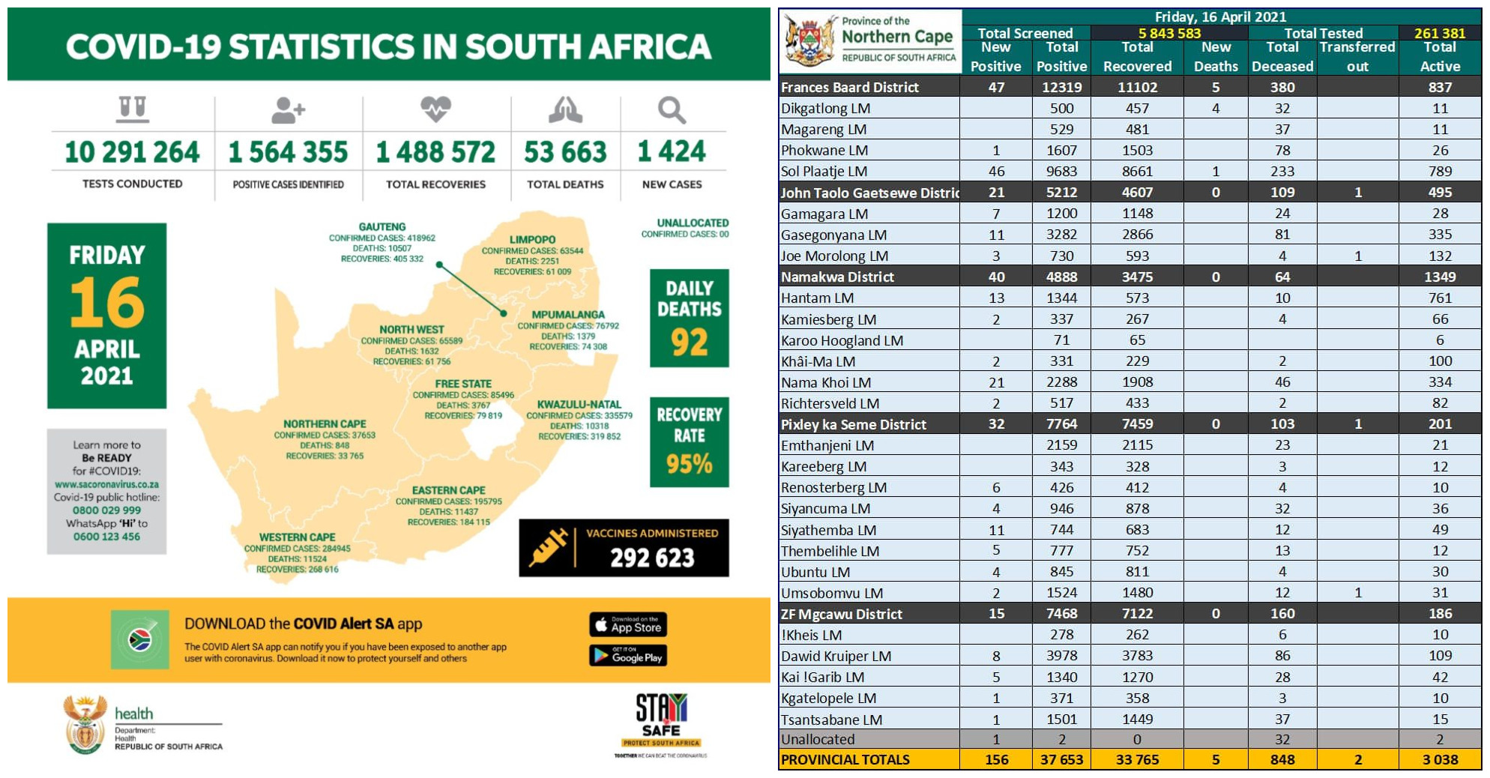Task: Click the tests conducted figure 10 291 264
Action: (132, 152)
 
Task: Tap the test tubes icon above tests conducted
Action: (132, 109)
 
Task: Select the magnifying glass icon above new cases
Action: (672, 110)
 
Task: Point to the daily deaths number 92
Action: (689, 343)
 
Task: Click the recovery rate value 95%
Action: (689, 464)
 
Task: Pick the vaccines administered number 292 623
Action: (652, 558)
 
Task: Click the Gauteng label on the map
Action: (382, 226)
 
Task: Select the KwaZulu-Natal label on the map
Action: (579, 404)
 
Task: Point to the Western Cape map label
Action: (297, 537)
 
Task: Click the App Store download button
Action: (628, 624)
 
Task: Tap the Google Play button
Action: (628, 656)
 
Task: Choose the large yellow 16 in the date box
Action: (107, 303)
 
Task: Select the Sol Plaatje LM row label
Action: (824, 172)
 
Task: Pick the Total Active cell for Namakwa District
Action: (1439, 277)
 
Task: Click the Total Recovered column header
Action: (1136, 57)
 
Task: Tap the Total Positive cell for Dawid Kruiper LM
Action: (1061, 656)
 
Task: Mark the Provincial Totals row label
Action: (845, 760)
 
